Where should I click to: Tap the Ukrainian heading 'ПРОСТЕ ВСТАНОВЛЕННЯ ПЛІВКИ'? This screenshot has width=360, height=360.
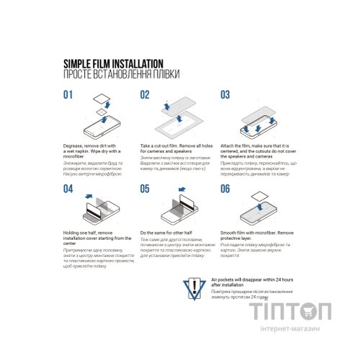[x=122, y=74]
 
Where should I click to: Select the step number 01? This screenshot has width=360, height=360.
[x=68, y=94]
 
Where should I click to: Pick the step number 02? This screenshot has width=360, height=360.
[x=145, y=94]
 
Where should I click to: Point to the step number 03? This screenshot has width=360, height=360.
[x=225, y=94]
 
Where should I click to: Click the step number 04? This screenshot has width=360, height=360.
[x=68, y=189]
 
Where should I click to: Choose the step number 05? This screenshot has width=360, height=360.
[x=145, y=189]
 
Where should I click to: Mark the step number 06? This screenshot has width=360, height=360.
[x=225, y=189]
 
